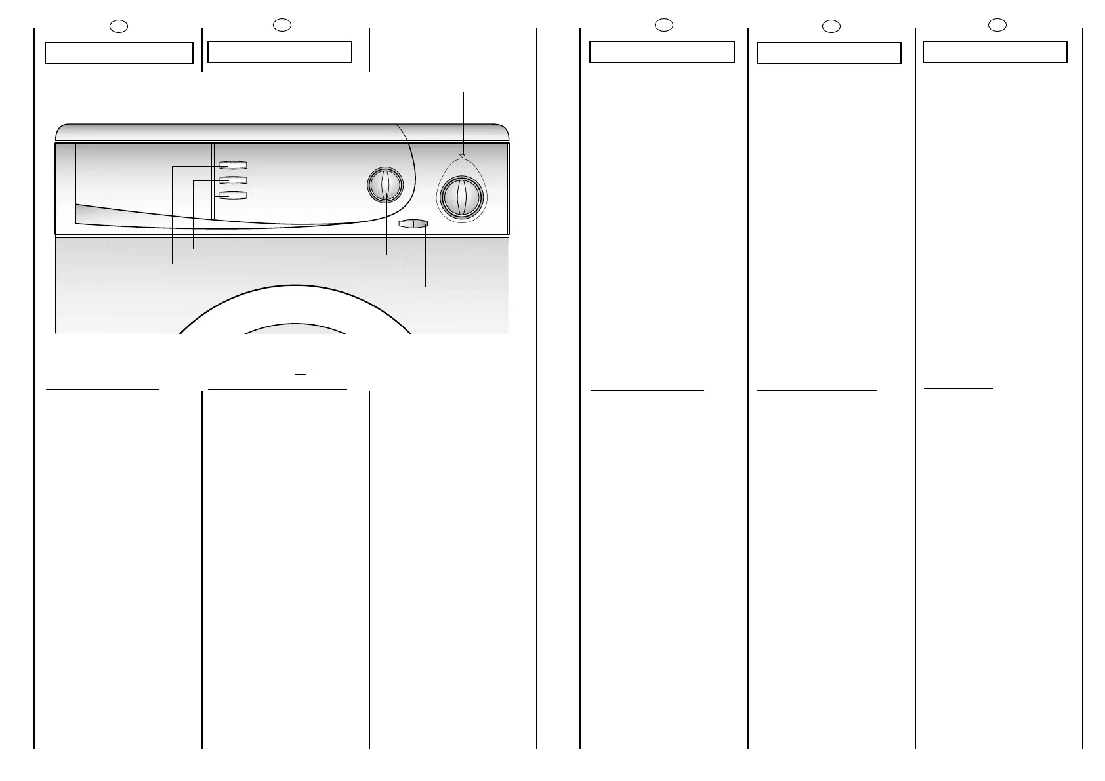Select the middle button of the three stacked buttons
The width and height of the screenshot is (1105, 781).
(x=233, y=180)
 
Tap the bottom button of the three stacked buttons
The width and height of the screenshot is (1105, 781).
(x=233, y=195)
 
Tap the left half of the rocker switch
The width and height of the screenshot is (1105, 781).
(x=406, y=224)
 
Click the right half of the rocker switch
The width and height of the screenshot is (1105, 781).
(x=421, y=224)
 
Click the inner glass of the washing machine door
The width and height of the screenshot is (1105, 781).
(x=295, y=329)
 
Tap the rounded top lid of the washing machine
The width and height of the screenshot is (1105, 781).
(x=282, y=132)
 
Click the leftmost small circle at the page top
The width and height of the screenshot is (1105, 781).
(x=119, y=26)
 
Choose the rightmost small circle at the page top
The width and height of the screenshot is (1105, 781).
(x=997, y=26)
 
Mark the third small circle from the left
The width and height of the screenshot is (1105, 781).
(x=664, y=26)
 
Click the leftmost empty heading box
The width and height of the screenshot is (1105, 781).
(x=119, y=53)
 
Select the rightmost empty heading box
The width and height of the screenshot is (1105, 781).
(x=995, y=52)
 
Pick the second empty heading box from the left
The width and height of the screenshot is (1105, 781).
(x=280, y=52)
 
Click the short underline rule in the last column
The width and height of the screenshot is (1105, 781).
(x=958, y=389)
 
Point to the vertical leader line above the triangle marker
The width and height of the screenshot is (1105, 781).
(x=464, y=121)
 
